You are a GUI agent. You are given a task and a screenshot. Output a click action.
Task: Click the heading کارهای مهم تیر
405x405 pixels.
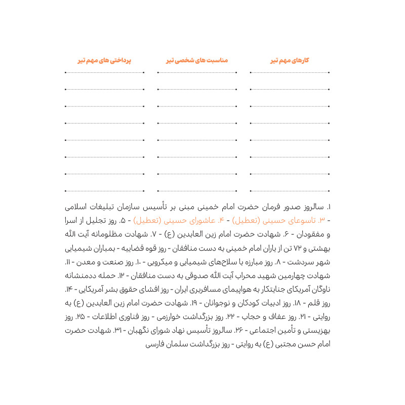coord(290,60)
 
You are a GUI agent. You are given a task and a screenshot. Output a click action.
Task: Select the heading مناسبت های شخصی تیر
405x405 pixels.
coord(197,60)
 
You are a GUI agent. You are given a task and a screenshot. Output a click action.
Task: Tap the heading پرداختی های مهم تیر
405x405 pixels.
coord(104,60)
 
